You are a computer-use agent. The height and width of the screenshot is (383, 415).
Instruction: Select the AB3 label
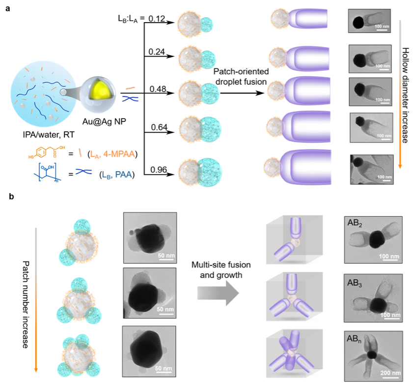tap(355, 284)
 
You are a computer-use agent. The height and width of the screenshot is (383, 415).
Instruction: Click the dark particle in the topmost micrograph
tap(359, 22)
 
